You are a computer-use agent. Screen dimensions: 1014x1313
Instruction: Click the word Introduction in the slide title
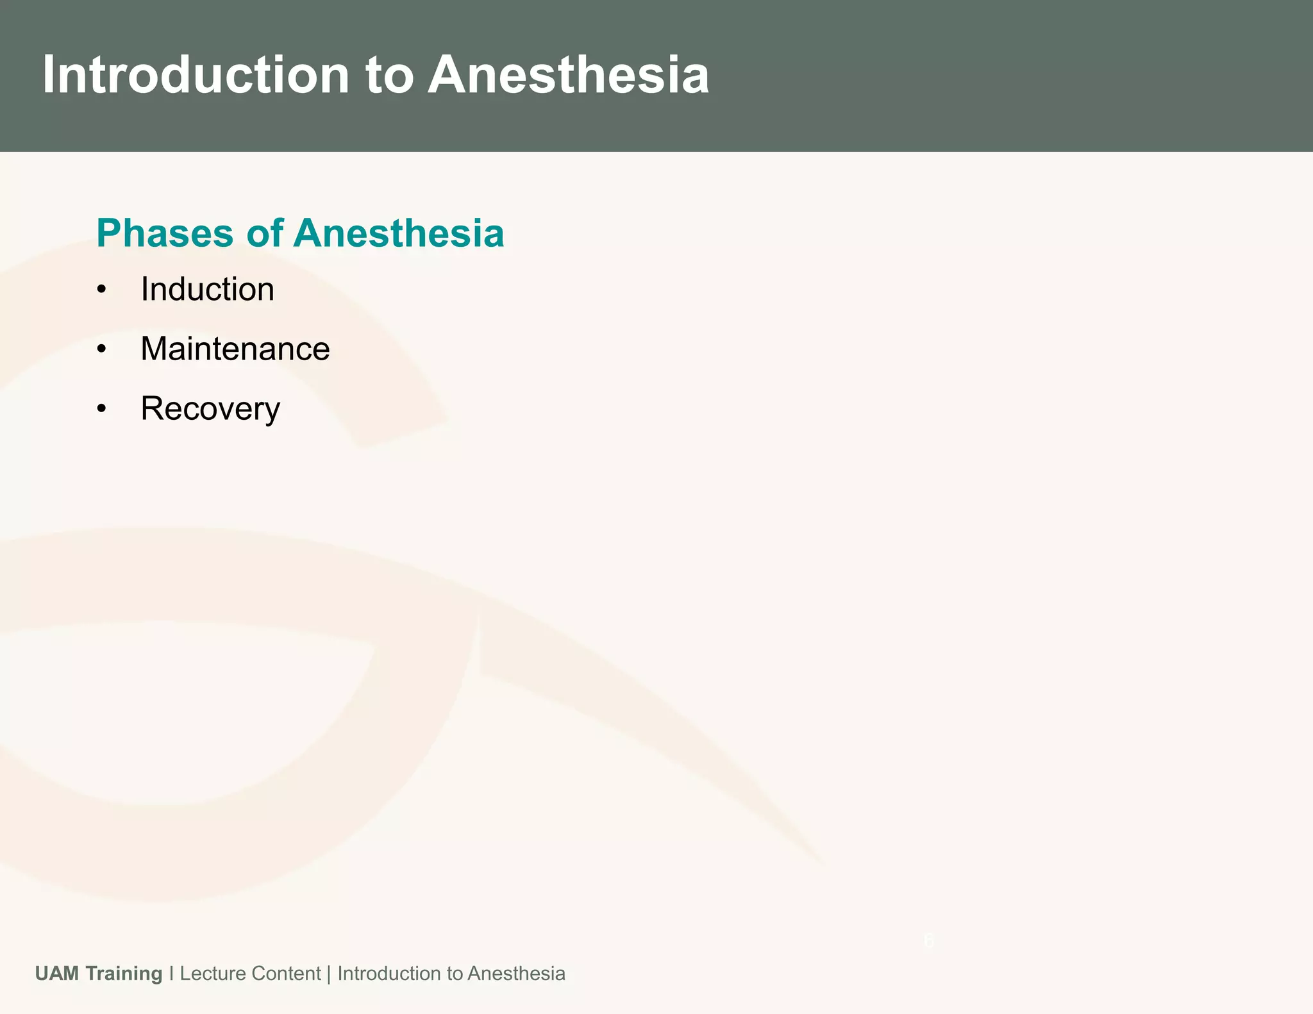tap(196, 75)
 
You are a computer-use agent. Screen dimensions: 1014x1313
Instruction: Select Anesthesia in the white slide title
tap(569, 75)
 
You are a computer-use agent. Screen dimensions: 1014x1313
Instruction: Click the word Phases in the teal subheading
tap(165, 233)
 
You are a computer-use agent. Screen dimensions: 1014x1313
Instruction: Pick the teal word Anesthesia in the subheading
tap(399, 233)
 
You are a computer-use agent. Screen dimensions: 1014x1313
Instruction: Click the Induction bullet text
tap(207, 289)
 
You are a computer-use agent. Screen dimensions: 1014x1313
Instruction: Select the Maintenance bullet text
tap(235, 349)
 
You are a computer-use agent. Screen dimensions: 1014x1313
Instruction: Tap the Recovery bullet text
tap(210, 409)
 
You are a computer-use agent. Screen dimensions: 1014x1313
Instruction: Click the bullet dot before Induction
tap(101, 290)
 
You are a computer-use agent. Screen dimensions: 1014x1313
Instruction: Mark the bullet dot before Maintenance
tap(101, 350)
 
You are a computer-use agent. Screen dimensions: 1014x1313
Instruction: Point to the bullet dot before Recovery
tap(101, 410)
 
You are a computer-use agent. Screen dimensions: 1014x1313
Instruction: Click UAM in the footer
tap(57, 974)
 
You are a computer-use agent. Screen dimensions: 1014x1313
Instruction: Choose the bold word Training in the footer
tap(124, 974)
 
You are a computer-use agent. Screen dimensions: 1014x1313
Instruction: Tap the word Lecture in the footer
tap(213, 974)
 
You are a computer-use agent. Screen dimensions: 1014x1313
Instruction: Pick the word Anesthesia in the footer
tap(516, 974)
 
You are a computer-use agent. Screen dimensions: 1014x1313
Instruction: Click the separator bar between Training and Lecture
tap(171, 974)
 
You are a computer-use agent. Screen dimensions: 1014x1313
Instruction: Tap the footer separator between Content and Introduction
tap(329, 974)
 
